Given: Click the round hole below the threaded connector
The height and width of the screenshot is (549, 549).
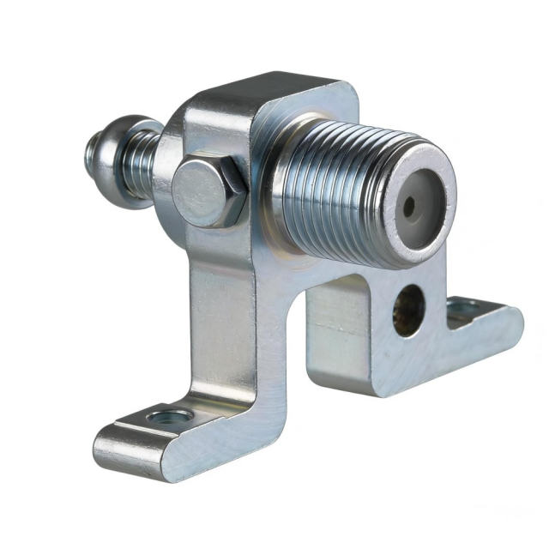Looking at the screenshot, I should [x=409, y=310].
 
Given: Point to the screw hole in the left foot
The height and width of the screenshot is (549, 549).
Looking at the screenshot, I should [x=171, y=418].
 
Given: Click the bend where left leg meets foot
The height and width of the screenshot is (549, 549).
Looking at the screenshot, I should [x=227, y=403].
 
